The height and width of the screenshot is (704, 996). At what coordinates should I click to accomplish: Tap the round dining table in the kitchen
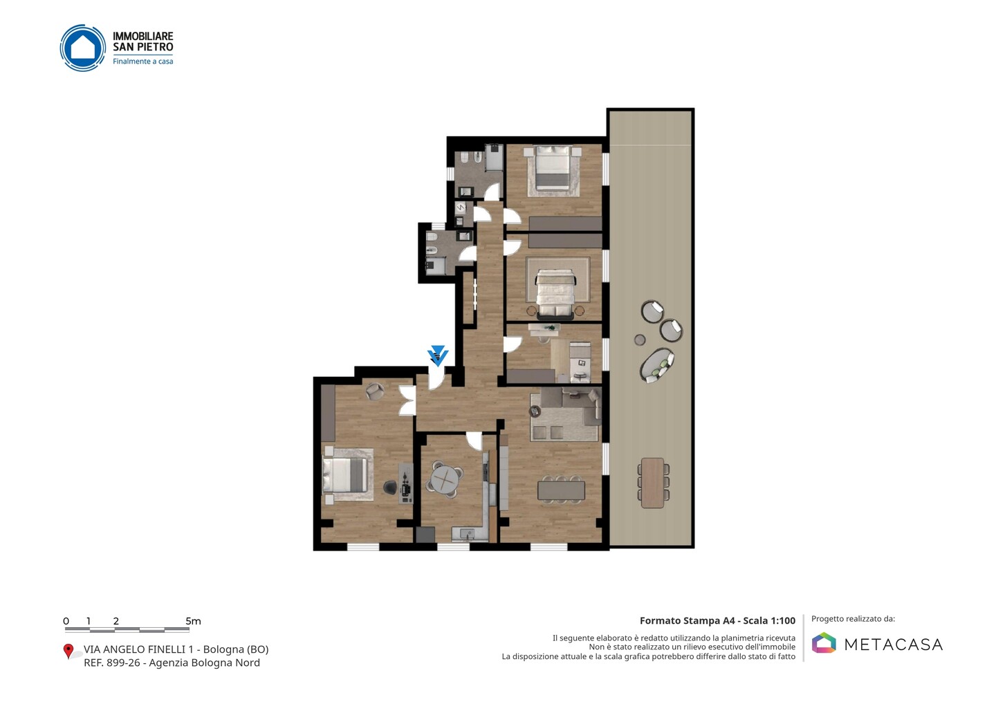click(x=445, y=479)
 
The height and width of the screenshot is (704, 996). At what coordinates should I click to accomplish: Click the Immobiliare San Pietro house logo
click(x=83, y=48)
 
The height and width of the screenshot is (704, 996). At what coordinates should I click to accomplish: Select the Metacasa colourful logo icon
click(x=824, y=642)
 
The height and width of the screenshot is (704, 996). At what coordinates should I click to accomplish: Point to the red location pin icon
click(x=68, y=651)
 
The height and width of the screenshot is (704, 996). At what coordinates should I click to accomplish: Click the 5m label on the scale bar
click(x=194, y=621)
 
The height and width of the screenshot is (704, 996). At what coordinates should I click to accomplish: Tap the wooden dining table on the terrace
click(x=653, y=483)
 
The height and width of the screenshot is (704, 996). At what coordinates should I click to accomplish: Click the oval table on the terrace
click(x=657, y=365)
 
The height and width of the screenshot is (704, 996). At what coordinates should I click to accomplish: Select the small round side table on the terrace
click(x=640, y=340)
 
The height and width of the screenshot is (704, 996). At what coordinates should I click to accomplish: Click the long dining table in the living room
click(x=561, y=491)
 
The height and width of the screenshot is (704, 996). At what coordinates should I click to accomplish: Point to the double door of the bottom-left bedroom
click(x=407, y=400)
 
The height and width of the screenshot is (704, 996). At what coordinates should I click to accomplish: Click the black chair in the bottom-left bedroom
click(x=390, y=488)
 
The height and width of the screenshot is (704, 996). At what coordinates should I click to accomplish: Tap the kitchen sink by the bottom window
click(x=467, y=533)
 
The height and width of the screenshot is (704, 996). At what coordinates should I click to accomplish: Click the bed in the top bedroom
click(x=553, y=168)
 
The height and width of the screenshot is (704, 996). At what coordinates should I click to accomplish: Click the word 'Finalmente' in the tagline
click(x=131, y=62)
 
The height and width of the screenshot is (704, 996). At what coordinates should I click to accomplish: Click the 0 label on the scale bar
click(x=66, y=621)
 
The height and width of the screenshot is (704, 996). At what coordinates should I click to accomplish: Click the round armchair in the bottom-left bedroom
click(x=375, y=391)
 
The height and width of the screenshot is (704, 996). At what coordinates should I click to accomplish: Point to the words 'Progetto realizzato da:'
click(x=854, y=619)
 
